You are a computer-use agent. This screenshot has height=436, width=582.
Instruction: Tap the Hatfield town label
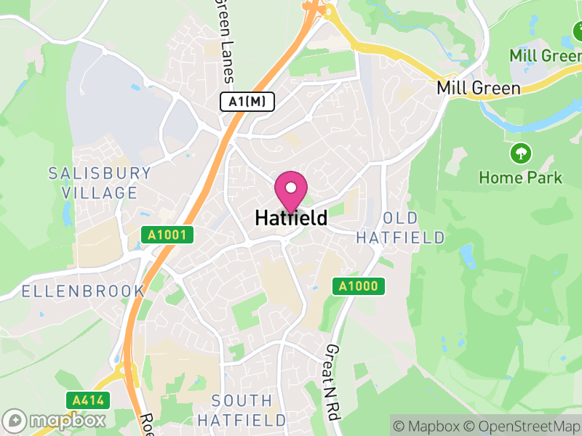pyautogui.click(x=291, y=218)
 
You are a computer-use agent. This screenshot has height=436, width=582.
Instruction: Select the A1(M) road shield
pyautogui.click(x=247, y=102)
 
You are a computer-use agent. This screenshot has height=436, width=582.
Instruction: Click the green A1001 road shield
pyautogui.click(x=169, y=235)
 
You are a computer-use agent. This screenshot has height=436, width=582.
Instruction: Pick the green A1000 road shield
pyautogui.click(x=359, y=286)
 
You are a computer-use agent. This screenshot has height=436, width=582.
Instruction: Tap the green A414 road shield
pyautogui.click(x=89, y=400)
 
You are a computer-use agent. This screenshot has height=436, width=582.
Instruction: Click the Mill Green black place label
pyautogui.click(x=478, y=88)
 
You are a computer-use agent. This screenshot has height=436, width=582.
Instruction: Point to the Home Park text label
pyautogui.click(x=521, y=177)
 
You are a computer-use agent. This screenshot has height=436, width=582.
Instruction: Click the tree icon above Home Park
pyautogui.click(x=521, y=153)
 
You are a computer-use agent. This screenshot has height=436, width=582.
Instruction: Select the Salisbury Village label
pyautogui.click(x=100, y=183)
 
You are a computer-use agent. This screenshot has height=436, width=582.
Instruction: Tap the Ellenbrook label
pyautogui.click(x=73, y=291)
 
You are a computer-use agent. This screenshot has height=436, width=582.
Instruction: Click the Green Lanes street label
pyautogui.click(x=226, y=40)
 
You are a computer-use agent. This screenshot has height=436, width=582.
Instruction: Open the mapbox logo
pyautogui.click(x=55, y=420)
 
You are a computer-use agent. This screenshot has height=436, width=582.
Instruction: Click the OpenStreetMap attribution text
pyautogui.click(x=524, y=426)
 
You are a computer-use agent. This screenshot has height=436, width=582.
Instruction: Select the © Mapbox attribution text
pyautogui.click(x=430, y=426)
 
